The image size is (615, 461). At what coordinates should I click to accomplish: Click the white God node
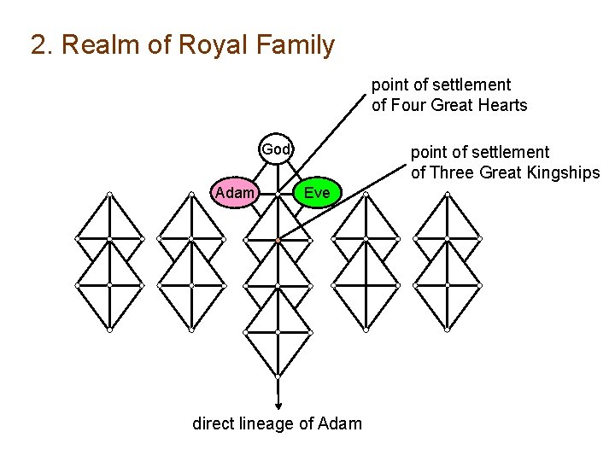(276, 149)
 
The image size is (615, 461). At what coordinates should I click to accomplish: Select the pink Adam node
(235, 193)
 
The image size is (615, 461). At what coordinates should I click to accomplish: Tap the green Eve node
(316, 193)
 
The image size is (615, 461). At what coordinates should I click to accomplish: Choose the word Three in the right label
(450, 172)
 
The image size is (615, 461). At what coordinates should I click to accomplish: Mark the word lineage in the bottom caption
(266, 423)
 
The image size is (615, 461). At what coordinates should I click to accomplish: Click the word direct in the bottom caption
(214, 423)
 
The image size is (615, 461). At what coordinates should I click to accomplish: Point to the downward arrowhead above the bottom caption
(278, 406)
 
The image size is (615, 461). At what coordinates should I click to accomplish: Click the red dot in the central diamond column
(278, 241)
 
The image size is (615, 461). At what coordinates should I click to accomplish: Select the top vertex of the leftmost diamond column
(109, 195)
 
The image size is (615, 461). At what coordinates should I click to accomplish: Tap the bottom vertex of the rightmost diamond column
(448, 330)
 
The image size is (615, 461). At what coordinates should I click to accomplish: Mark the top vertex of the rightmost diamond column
(448, 195)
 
